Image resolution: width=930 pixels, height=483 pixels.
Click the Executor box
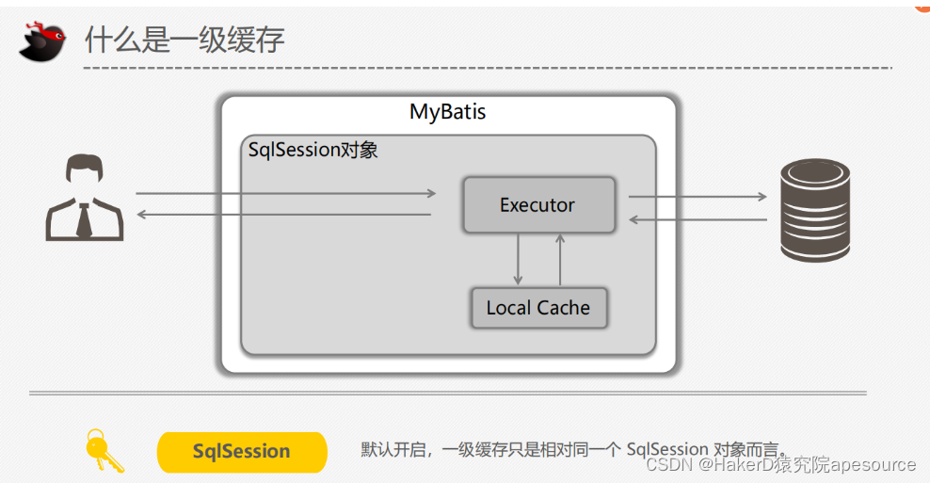coord(538,205)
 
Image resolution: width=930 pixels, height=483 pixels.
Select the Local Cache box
coord(538,308)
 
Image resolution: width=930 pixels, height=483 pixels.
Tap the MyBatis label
coord(447,112)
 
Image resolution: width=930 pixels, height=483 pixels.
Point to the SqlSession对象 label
coord(313,150)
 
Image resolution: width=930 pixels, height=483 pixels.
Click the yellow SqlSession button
coord(241,452)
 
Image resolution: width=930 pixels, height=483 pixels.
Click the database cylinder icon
coord(815,210)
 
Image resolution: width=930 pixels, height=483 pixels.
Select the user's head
coord(84,175)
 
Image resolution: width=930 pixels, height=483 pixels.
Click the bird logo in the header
coord(43,40)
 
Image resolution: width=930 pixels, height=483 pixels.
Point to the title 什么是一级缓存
coord(184,40)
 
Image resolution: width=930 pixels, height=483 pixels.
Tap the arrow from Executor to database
coord(697,197)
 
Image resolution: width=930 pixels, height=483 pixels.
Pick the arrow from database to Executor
coord(697,219)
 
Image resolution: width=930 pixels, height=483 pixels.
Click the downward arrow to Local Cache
coord(518,258)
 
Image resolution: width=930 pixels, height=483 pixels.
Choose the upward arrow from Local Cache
coord(560,258)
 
